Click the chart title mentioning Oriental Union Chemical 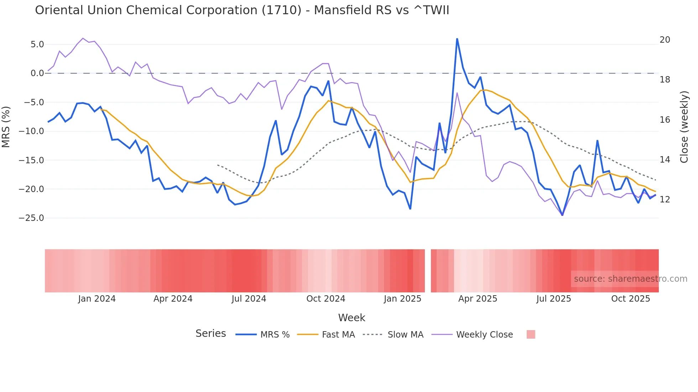coord(242,10)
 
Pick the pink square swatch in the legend coord(531,334)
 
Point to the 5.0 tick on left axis coord(37,44)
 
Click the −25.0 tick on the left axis coord(31,218)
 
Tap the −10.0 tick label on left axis coord(31,131)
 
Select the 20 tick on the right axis coord(665,40)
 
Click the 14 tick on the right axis coord(665,160)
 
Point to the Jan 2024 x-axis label coord(97,299)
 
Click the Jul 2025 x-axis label coord(553,299)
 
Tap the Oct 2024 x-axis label coord(325,299)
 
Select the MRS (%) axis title coord(6,127)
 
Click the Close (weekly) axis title coord(684,127)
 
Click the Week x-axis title coord(351,318)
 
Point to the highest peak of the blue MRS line coord(457,39)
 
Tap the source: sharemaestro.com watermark coord(630,279)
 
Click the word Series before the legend coord(210,334)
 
